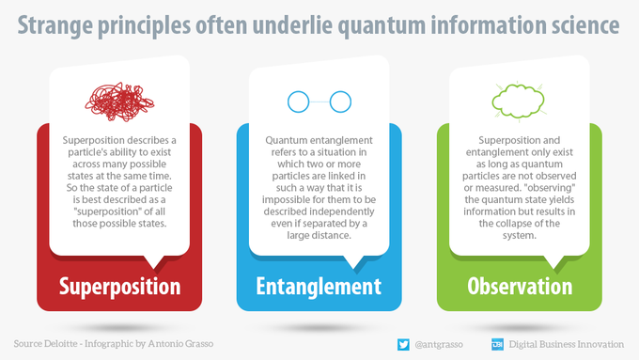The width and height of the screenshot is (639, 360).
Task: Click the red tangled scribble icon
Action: pyautogui.click(x=119, y=102)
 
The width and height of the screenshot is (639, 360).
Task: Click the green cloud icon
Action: pyautogui.click(x=518, y=102)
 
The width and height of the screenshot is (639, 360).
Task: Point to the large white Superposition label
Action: pyautogui.click(x=120, y=287)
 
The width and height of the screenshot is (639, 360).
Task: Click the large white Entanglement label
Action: pyautogui.click(x=319, y=286)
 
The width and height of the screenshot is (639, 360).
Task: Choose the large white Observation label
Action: pyautogui.click(x=520, y=286)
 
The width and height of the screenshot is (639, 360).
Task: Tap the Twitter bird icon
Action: pyautogui.click(x=403, y=345)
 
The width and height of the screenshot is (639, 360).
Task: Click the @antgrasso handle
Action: pyautogui.click(x=439, y=345)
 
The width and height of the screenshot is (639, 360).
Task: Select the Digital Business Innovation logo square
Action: pyautogui.click(x=498, y=345)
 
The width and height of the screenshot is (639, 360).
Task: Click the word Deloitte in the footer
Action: pyautogui.click(x=60, y=344)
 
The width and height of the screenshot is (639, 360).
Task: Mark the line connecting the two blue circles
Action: pyautogui.click(x=319, y=102)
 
